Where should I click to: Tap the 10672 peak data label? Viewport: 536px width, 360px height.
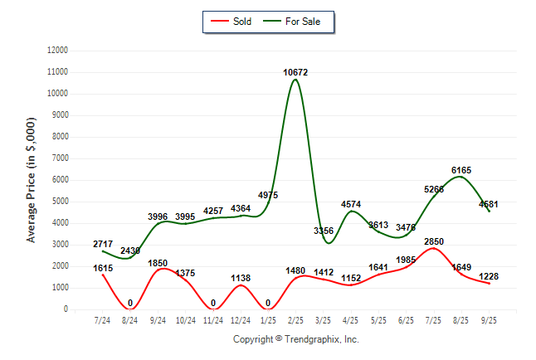[295, 73]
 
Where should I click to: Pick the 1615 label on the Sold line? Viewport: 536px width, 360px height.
[102, 268]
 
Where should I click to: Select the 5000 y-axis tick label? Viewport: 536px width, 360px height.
[59, 202]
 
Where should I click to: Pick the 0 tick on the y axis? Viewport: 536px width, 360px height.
[66, 309]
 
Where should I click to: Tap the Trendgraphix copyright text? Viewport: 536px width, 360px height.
[295, 339]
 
